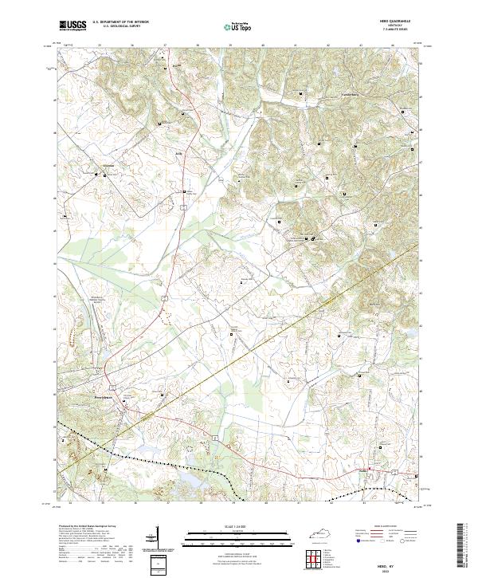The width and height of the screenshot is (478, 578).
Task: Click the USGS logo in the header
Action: tap(72, 26)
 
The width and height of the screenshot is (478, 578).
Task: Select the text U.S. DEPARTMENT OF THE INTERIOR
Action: tap(120, 22)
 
